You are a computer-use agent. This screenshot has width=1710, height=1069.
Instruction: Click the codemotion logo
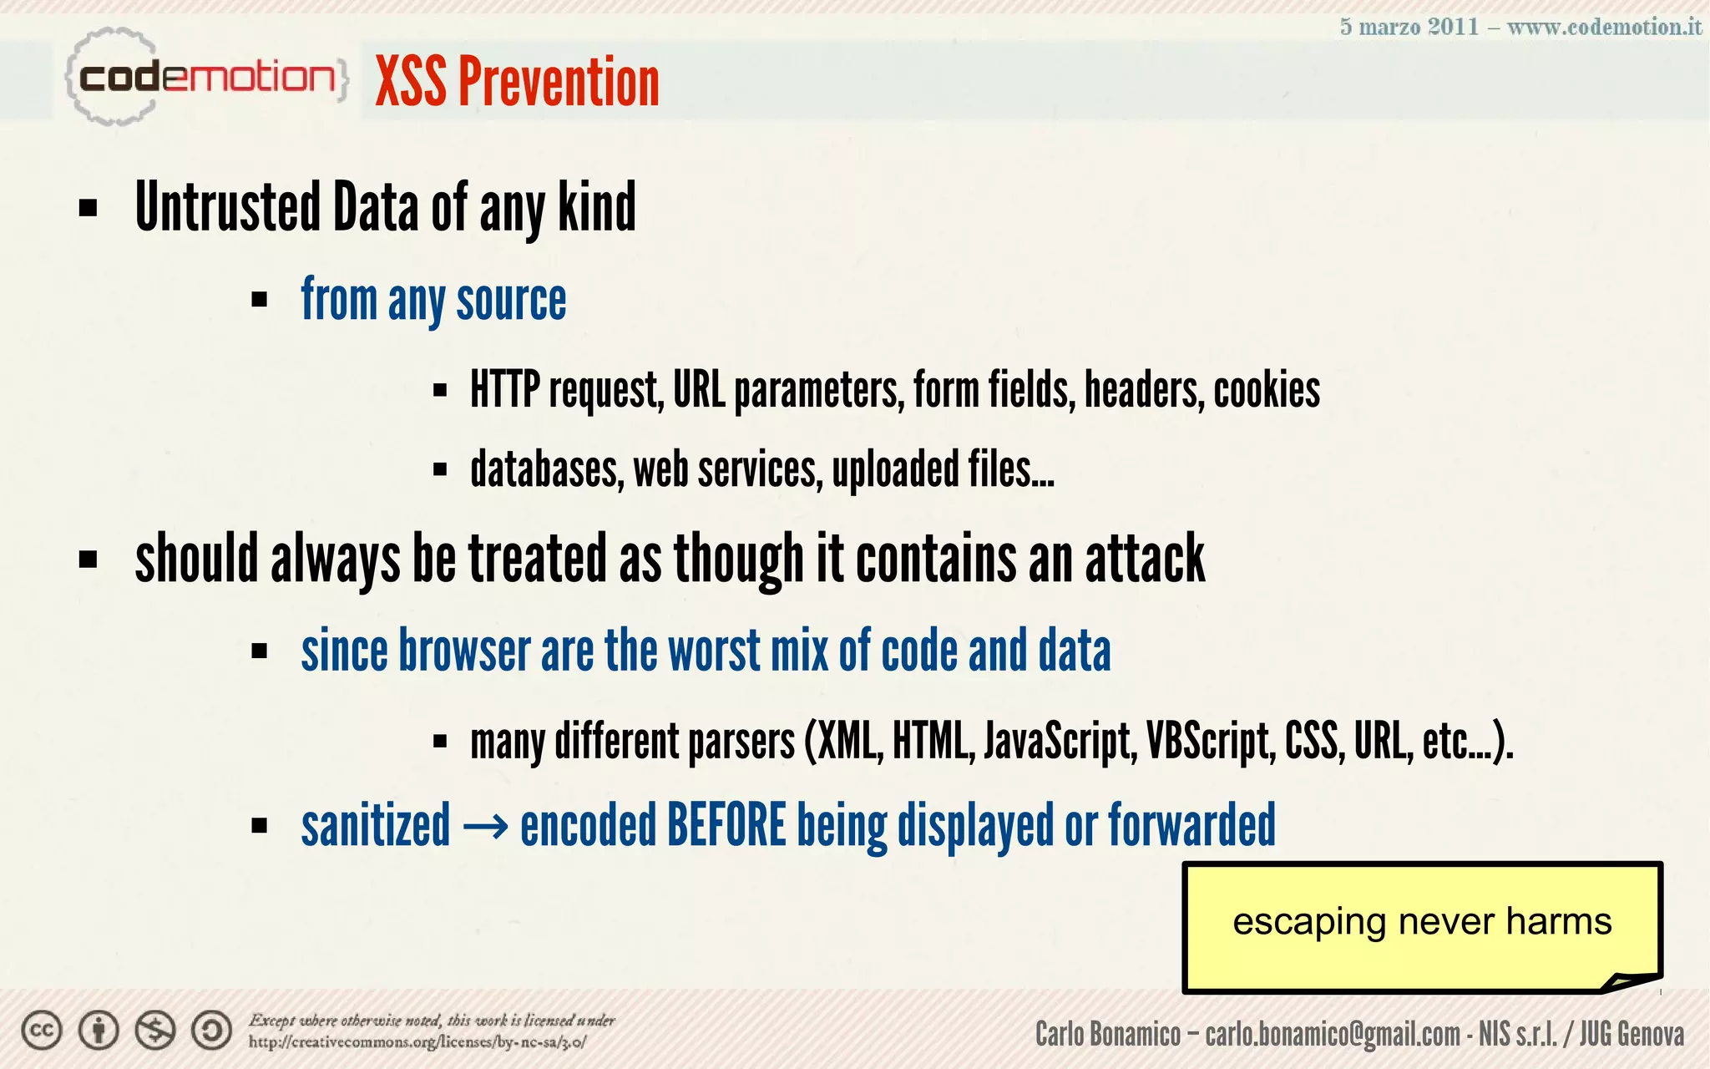click(205, 78)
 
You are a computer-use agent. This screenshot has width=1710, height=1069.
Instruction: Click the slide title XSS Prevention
click(517, 82)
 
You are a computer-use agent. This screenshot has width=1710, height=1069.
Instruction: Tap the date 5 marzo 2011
click(1409, 27)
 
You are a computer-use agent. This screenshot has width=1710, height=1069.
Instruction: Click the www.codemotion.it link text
click(1603, 27)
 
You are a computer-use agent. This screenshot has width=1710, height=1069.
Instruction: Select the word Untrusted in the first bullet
click(228, 207)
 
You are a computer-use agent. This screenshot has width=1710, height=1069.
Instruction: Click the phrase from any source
click(433, 301)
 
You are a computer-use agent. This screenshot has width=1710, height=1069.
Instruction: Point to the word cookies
click(1266, 390)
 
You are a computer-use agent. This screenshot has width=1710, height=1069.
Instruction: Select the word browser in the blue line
click(464, 651)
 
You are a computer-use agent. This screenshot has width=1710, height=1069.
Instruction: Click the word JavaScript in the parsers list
click(1059, 741)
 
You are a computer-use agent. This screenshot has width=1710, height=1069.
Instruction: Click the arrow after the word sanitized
click(484, 827)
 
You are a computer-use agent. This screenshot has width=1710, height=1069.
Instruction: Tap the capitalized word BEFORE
click(726, 825)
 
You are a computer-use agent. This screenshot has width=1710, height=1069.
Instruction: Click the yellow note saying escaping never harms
click(1421, 924)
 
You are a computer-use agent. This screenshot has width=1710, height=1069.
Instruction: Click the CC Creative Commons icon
click(42, 1031)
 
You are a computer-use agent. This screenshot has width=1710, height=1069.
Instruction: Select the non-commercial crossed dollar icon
click(155, 1031)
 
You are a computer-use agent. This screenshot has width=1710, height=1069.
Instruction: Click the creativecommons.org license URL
click(417, 1042)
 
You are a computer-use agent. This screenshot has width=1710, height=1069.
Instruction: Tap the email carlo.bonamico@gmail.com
click(1332, 1035)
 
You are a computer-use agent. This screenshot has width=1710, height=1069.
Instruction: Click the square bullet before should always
click(88, 559)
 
